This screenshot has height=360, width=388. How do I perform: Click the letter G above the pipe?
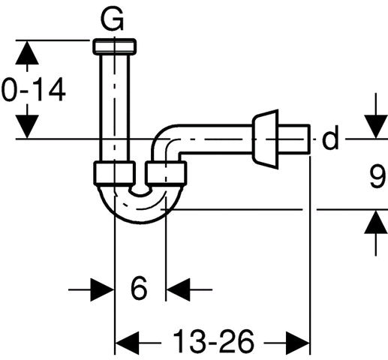[112, 19]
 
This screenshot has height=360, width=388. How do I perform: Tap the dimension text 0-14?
[33, 90]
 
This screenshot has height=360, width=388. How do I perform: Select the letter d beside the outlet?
[330, 137]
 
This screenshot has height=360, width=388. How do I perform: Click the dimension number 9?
[377, 176]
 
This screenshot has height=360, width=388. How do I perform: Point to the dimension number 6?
[139, 288]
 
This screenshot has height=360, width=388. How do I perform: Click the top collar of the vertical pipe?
[115, 46]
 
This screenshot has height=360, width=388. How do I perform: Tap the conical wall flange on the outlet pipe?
[266, 139]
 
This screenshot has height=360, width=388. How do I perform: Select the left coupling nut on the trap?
[115, 173]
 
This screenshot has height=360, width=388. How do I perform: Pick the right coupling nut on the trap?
[166, 173]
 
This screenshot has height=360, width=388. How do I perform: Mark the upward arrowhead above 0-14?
[27, 52]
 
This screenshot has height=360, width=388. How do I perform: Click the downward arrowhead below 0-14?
[27, 127]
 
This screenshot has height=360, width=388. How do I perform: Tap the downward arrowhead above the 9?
[376, 127]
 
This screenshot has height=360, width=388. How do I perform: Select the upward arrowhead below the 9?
[376, 222]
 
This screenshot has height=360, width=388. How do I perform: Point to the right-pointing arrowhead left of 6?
[102, 289]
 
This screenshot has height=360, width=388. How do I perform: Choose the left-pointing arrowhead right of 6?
[178, 289]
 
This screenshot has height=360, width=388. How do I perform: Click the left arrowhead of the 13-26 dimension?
[127, 343]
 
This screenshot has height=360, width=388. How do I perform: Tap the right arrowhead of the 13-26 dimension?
[298, 343]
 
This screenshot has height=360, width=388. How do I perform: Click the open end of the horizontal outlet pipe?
[309, 139]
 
